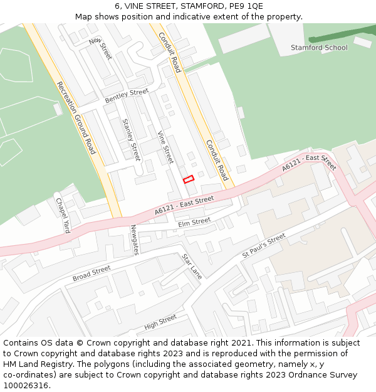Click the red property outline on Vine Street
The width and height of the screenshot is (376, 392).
pos(188,179)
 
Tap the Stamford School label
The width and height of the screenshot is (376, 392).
pos(319,48)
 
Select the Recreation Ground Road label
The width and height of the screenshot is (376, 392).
pos(76,118)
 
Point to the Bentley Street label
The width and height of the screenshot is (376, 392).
pos(127,96)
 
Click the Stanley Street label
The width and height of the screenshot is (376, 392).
pos(131,139)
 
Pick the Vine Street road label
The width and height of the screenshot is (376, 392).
pos(165,147)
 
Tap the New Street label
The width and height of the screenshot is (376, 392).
pos(100,48)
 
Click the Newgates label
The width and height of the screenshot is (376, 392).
pos(135,240)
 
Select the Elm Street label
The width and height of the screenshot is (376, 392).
pos(194,222)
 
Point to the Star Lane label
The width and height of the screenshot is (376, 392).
pos(192,266)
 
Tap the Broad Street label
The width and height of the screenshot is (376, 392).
pos(91,273)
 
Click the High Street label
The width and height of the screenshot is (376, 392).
pos(160,322)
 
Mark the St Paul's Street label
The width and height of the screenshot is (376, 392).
pos(264,245)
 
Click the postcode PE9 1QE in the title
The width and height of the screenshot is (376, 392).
pos(246,6)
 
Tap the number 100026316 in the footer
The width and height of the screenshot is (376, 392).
pos(26,385)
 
